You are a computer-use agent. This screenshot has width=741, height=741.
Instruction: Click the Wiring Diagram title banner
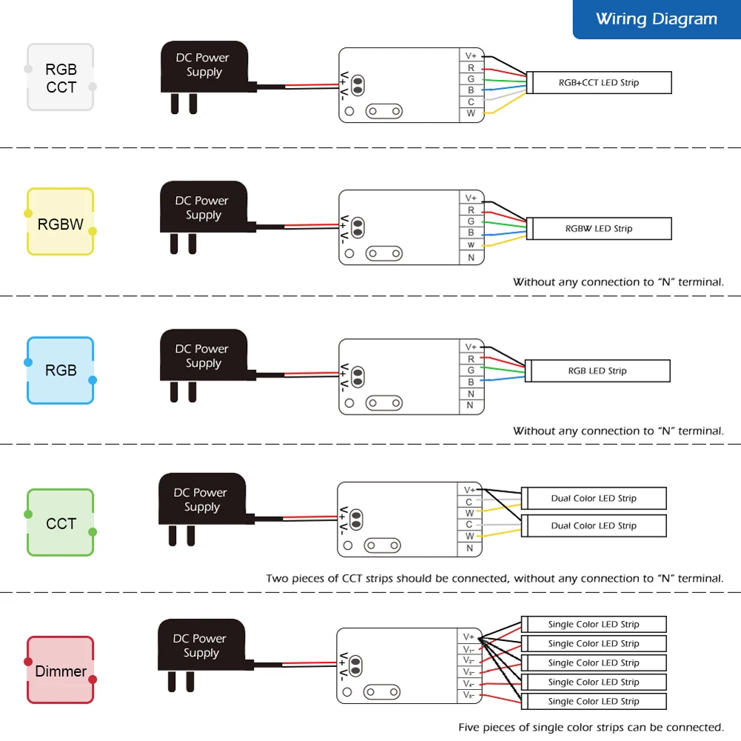pos(657,19)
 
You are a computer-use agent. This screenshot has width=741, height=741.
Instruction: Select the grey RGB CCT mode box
pos(61,77)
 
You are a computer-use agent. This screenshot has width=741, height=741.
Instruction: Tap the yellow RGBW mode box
pos(61,221)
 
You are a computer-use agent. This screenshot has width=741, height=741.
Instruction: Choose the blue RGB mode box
pos(61,370)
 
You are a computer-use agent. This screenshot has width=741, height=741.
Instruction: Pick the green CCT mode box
pos(61,522)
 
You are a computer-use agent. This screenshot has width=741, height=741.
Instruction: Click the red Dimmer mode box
pos(61,670)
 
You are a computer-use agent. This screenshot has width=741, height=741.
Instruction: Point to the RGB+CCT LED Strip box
pos(599,83)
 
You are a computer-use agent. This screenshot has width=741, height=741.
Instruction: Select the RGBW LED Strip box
pos(599,229)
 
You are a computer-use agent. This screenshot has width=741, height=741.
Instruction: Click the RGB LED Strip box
pos(597,371)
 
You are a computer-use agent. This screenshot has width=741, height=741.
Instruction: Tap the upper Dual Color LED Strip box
pos(594,499)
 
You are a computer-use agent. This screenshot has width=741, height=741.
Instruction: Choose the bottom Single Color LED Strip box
pos(594,701)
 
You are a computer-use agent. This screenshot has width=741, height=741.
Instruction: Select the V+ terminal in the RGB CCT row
pos(471,56)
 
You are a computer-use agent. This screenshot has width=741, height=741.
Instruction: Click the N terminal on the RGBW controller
pos(471,258)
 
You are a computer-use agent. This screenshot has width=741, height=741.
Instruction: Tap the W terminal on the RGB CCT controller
pos(471,113)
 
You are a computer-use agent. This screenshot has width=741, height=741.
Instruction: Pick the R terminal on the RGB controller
pos(471,359)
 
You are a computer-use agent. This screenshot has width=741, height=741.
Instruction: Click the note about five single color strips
pos(591,727)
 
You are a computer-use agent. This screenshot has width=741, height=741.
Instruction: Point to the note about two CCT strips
pos(494,578)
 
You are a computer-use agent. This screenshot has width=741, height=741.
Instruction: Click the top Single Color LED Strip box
pos(594,624)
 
